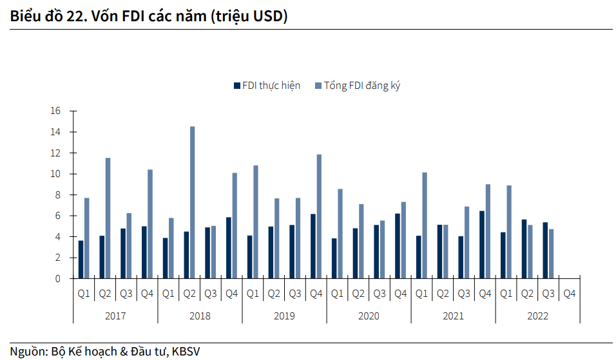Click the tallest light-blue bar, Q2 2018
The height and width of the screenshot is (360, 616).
coord(192,203)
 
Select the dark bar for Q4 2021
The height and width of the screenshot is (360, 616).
coord(482,245)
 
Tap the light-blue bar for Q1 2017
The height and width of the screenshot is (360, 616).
coord(86,238)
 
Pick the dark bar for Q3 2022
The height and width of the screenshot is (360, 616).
coord(545,251)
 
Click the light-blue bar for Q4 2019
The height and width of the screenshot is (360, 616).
coord(319,216)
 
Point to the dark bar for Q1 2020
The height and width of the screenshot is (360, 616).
coord(334,258)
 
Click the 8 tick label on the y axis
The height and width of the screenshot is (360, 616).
coord(57,194)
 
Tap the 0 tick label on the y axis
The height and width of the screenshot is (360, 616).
coord(57,279)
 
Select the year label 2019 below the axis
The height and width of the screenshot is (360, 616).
coord(284,316)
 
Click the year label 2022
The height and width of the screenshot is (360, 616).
coord(537,316)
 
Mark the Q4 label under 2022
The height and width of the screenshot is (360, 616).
coord(570,294)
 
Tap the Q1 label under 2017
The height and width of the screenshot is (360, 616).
coord(84,294)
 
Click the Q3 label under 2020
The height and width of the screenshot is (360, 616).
coord(380,294)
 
